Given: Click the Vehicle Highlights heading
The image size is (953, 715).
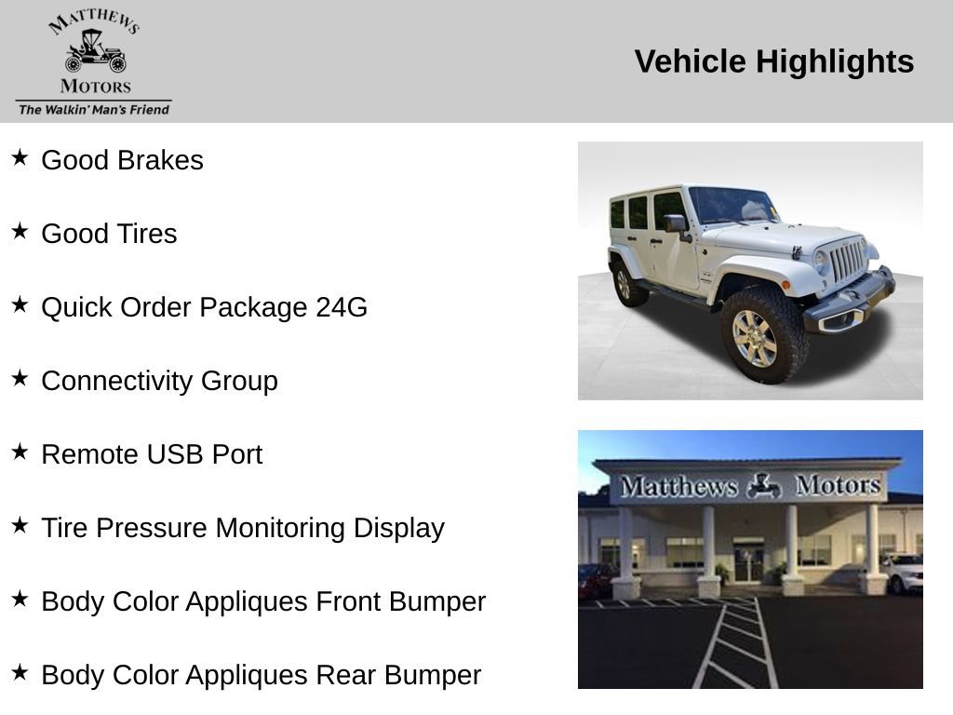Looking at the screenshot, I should click(774, 62).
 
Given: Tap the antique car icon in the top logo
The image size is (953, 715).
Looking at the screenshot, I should click(94, 52).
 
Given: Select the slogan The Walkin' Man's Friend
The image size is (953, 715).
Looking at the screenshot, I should click(94, 110).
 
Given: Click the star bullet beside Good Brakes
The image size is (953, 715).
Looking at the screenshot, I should click(20, 158).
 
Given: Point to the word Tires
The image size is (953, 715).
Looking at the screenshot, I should click(146, 234).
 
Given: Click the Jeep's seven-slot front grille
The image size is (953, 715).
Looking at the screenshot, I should click(846, 261).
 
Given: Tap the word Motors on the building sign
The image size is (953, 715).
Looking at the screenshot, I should click(838, 485).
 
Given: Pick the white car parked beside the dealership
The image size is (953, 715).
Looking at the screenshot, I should click(903, 572).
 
